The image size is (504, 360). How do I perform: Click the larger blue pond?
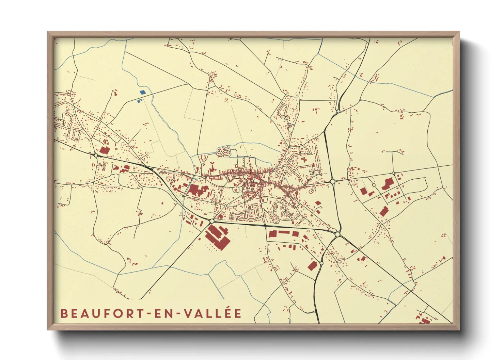pyautogui.click(x=142, y=92)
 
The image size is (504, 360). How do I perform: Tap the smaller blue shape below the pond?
pyautogui.click(x=139, y=101)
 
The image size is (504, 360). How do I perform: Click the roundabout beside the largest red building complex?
pyautogui.click(x=212, y=221)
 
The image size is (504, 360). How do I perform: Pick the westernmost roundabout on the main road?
pyautogui.click(x=96, y=155)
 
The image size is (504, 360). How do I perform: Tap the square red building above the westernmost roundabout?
pyautogui.click(x=104, y=150)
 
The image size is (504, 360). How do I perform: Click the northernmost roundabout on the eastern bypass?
pyautogui.click(x=338, y=111)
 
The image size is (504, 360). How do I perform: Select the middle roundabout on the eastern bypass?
pyautogui.click(x=332, y=182)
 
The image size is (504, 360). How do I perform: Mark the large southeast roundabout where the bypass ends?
pyautogui.click(x=337, y=234)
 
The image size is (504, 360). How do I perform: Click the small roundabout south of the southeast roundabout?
pyautogui.click(x=321, y=263)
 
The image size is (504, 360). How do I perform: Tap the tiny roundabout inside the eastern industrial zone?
pyautogui.click(x=374, y=185)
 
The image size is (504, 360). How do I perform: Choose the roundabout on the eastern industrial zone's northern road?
pyautogui.click(x=393, y=173)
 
